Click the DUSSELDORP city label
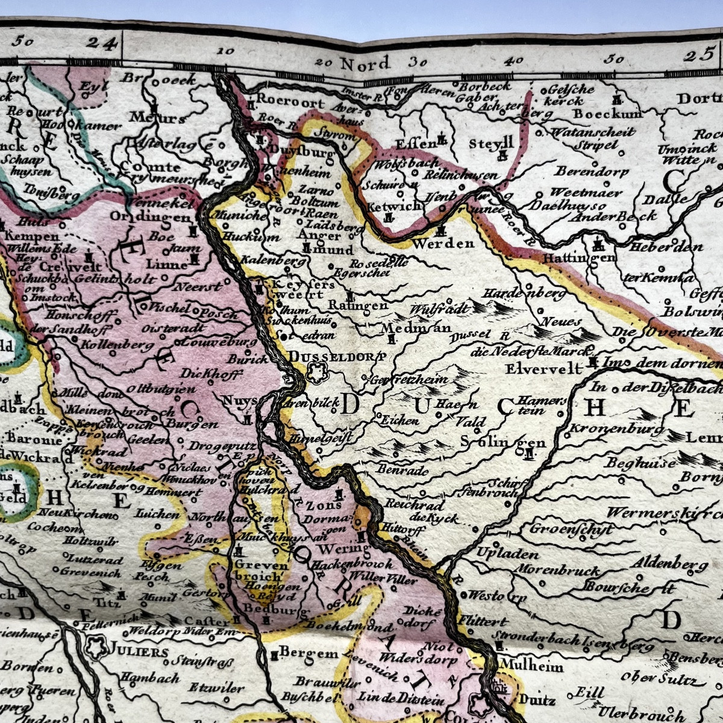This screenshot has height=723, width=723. (x=337, y=356)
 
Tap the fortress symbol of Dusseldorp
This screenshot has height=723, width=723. (x=315, y=374)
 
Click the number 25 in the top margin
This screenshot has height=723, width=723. (x=699, y=56)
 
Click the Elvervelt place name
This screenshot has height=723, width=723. (x=544, y=368)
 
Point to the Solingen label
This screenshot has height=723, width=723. (x=502, y=442)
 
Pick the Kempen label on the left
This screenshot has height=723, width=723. (x=33, y=237)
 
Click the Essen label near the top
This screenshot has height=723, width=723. (x=415, y=143)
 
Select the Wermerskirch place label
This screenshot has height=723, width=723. (x=663, y=514)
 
